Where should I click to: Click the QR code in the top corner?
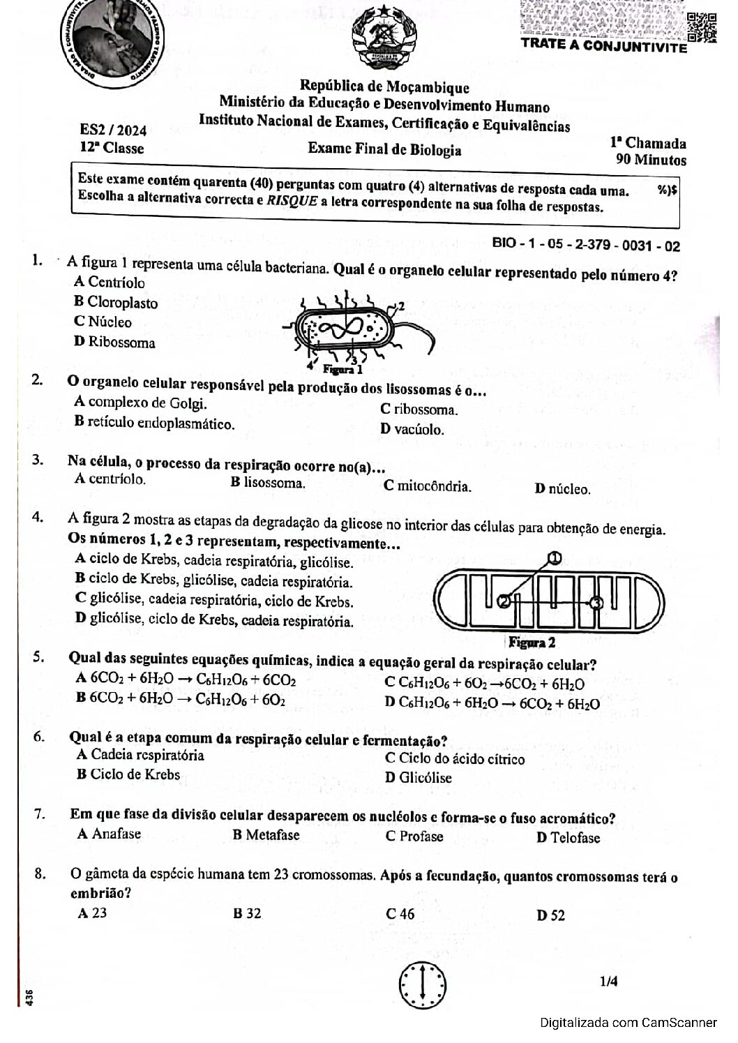(x=701, y=27)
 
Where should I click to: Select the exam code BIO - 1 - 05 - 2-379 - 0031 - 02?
(x=586, y=244)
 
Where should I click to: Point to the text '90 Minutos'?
(x=651, y=160)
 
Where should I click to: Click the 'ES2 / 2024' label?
(x=113, y=130)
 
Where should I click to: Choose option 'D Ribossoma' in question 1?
(x=114, y=342)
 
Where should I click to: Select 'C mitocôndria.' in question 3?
(x=427, y=486)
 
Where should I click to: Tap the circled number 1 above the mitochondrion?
(x=555, y=557)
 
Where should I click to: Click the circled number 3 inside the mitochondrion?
(x=595, y=603)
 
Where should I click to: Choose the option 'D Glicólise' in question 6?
(x=418, y=778)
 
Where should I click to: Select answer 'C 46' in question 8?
(x=400, y=914)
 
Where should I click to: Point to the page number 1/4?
(x=608, y=982)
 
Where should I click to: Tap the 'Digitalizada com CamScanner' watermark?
(x=628, y=1023)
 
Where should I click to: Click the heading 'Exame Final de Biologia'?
(x=384, y=149)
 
